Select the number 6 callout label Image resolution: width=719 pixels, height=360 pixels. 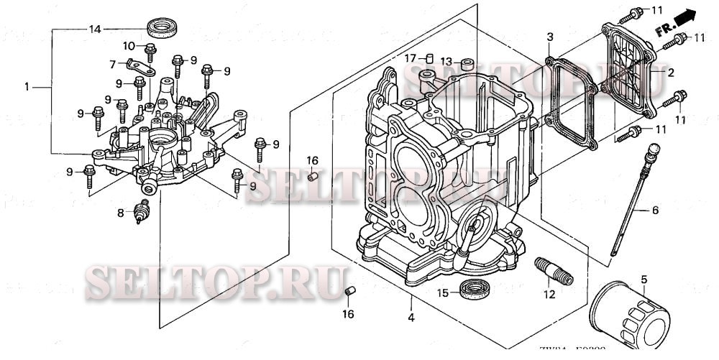(x=655, y=211)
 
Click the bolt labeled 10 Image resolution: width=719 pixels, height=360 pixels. (x=150, y=51)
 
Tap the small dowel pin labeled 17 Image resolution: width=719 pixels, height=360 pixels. (x=429, y=57)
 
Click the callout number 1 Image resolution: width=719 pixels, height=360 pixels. (x=27, y=86)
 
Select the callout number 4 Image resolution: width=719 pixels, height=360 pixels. (x=411, y=317)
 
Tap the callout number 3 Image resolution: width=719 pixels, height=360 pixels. (x=549, y=36)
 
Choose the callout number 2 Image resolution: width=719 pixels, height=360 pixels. (x=670, y=73)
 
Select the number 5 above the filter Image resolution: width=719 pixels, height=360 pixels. (x=644, y=278)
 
